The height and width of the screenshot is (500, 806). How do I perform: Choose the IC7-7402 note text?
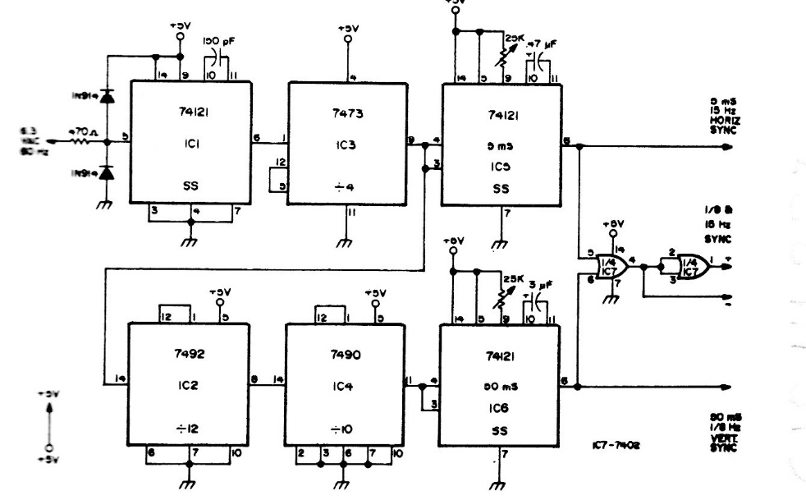click(616, 446)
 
